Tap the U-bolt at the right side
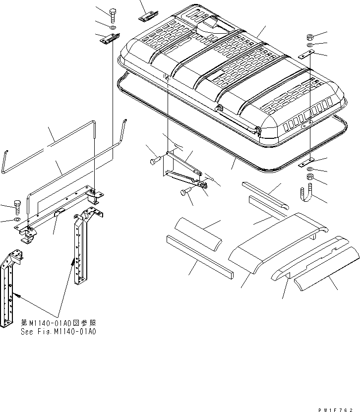308,193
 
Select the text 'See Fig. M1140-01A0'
59,331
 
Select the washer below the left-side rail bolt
17,219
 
